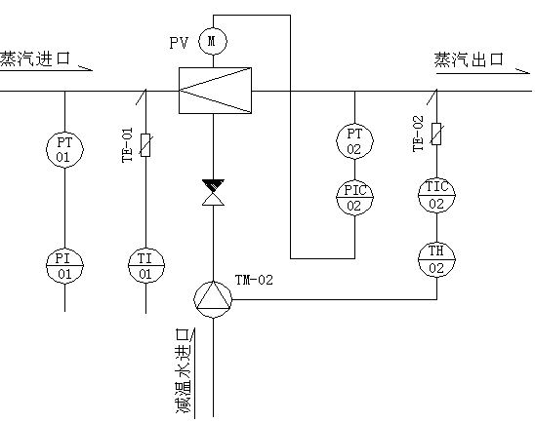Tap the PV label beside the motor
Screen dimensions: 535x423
click(x=179, y=43)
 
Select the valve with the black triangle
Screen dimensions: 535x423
click(x=213, y=192)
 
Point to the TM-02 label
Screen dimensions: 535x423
click(x=254, y=280)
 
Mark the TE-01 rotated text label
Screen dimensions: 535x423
click(x=127, y=145)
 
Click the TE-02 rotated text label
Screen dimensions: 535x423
click(x=418, y=134)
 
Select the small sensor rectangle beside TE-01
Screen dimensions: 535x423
click(x=145, y=145)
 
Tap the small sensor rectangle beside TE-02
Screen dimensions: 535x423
click(x=436, y=134)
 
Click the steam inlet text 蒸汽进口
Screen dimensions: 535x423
click(x=35, y=58)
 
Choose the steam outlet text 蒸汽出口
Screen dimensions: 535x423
click(x=469, y=60)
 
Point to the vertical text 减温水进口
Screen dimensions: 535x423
click(x=184, y=371)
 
